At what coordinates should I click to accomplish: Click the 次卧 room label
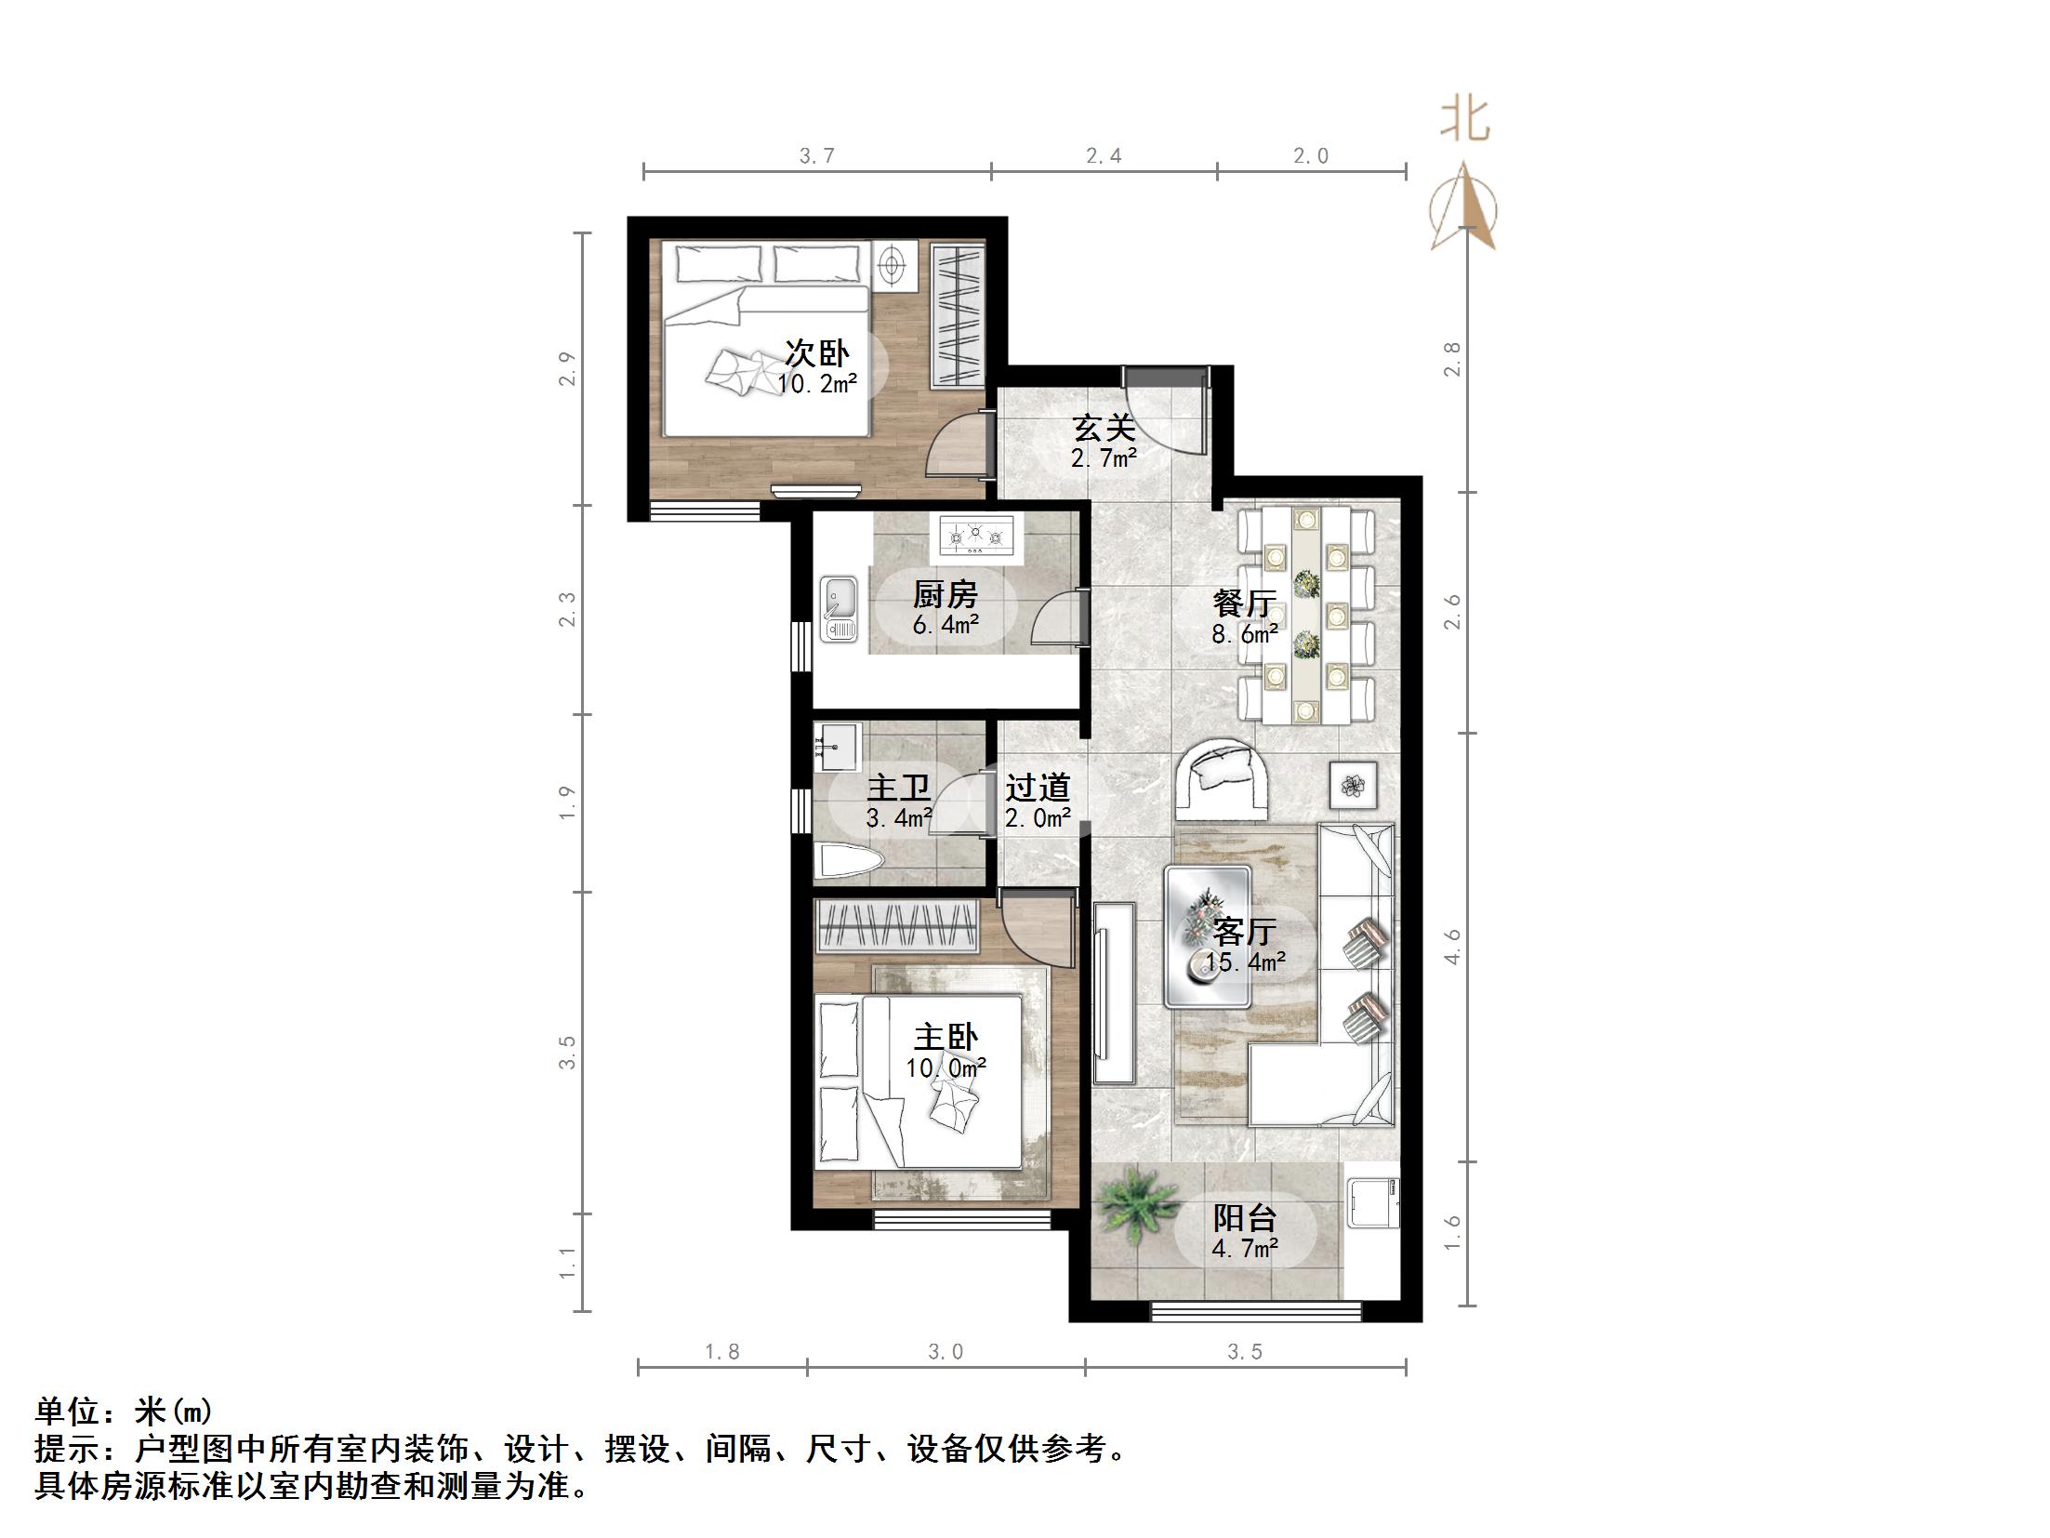(816, 353)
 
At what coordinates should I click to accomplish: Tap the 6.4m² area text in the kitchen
(945, 625)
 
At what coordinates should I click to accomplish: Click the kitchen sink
(840, 609)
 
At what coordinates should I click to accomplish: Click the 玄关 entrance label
(1104, 429)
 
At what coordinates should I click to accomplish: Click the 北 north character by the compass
(1465, 121)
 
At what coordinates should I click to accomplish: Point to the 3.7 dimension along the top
(816, 156)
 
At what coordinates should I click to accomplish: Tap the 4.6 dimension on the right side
(1453, 947)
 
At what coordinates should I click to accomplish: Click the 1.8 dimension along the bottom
(721, 1353)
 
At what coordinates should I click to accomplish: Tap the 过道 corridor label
(1038, 788)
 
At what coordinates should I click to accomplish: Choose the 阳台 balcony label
(1244, 1218)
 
